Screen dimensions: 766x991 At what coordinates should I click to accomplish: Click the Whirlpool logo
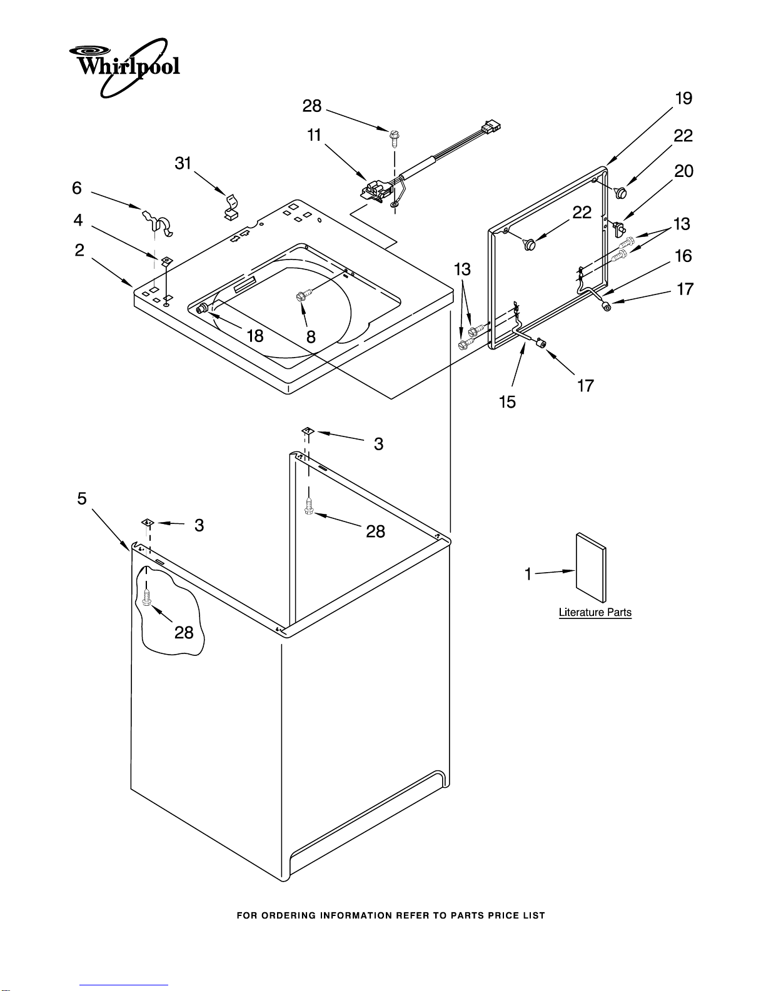[x=124, y=68]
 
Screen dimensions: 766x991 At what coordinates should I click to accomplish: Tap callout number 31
[x=183, y=163]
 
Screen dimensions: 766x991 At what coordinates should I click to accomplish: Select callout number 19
[x=683, y=98]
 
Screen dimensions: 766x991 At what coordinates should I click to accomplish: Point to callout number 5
[x=82, y=498]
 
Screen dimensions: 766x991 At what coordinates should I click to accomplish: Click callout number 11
[x=314, y=135]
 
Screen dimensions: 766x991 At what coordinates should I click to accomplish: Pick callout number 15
[x=507, y=402]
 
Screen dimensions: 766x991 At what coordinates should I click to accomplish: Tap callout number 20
[x=683, y=171]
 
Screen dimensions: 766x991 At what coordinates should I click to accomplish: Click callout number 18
[x=255, y=336]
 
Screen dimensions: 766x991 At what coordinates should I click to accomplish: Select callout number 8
[x=311, y=337]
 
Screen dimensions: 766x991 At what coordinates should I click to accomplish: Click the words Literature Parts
[x=595, y=612]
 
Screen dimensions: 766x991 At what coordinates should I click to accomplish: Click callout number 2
[x=79, y=250]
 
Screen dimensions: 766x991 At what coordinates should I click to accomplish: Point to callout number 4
[x=78, y=220]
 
